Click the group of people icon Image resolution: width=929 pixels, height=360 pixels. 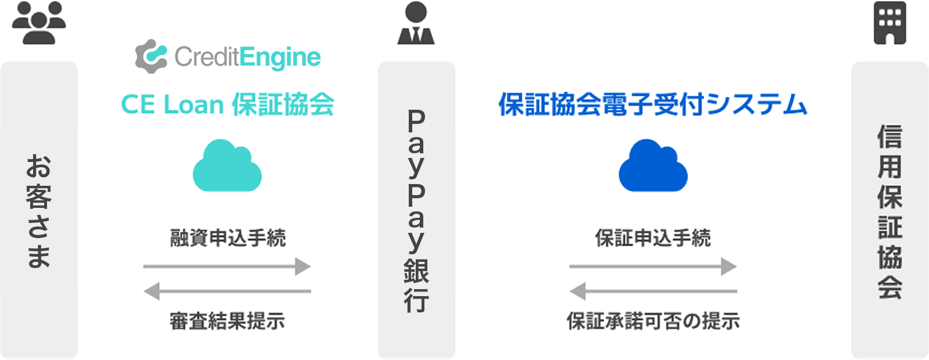pos(39,23)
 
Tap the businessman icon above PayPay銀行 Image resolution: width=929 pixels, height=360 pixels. pos(416,23)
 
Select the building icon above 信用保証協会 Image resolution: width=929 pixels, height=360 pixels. pos(890,23)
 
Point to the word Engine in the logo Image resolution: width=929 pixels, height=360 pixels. pos(280,57)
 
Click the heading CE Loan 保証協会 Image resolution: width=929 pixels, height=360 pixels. pos(227,105)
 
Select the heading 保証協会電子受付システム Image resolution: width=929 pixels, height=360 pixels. pos(653,105)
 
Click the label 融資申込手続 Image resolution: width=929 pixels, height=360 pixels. pos(228,238)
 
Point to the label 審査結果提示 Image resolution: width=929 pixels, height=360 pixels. pos(227,321)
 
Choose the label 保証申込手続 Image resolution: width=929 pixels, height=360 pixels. pos(653,238)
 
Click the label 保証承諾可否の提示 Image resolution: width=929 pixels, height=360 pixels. pos(653,321)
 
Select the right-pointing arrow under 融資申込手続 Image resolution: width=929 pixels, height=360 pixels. pos(227,267)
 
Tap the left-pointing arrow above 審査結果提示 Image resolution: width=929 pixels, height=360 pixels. pos(227,291)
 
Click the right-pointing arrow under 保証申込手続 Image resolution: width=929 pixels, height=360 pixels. pos(653,267)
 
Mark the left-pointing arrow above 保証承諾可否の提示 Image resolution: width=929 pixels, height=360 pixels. pos(653,291)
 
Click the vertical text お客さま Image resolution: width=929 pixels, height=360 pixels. pos(39,211)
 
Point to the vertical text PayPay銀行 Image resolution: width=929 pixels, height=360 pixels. pos(416,211)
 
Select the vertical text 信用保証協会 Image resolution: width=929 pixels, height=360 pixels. pos(890,211)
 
